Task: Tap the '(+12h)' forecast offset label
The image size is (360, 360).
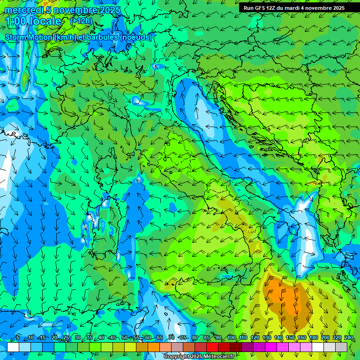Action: tap(81, 21)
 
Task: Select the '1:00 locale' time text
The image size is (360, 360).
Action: tap(33, 22)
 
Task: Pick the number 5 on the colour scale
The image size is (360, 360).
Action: tap(18, 338)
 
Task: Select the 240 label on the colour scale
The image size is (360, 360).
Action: tap(348, 338)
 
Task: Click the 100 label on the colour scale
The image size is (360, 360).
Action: tap(231, 338)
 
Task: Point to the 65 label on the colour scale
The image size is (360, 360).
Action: tap(160, 338)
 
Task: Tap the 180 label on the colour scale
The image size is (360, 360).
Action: tap(313, 338)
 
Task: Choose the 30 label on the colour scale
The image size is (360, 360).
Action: tap(77, 338)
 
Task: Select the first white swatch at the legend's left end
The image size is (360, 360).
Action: tap(13, 347)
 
